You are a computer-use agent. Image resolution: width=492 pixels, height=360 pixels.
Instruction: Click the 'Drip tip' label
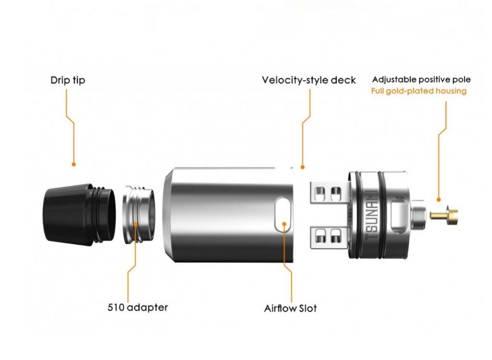click(x=68, y=80)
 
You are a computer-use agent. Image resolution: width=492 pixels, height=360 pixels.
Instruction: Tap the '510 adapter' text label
click(x=138, y=307)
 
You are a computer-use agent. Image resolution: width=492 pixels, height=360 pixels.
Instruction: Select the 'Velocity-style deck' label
click(x=309, y=80)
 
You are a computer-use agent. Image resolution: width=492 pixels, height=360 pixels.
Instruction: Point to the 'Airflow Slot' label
click(x=290, y=308)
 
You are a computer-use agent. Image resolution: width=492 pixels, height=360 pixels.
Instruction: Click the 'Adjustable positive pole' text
click(x=421, y=80)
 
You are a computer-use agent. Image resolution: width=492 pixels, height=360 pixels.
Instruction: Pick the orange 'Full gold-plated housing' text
click(x=419, y=91)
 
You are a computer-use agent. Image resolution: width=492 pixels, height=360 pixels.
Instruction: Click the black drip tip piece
click(x=79, y=214)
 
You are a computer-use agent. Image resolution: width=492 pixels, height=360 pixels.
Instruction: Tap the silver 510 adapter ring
click(x=139, y=215)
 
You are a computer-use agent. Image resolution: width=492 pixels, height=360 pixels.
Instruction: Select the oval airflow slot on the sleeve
click(x=283, y=215)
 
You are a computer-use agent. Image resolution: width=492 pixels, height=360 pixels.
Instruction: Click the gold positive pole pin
click(x=444, y=215)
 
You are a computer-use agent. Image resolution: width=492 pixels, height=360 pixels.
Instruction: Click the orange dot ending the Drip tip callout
click(x=74, y=164)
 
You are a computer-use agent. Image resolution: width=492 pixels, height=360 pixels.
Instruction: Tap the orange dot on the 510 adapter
click(x=135, y=224)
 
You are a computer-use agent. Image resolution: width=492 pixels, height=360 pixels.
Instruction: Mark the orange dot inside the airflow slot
click(x=284, y=224)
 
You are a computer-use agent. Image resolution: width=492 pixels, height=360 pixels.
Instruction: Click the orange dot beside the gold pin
click(x=439, y=199)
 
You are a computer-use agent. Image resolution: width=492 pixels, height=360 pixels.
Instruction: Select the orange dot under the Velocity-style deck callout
click(x=303, y=167)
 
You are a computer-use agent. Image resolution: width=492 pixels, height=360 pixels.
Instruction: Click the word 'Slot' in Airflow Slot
click(x=308, y=308)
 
